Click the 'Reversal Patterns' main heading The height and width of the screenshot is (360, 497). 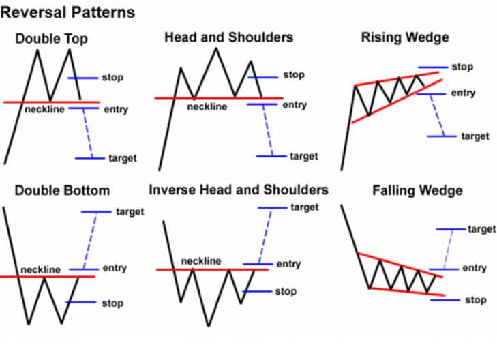click(x=67, y=13)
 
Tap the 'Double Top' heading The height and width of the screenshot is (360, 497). click(x=51, y=39)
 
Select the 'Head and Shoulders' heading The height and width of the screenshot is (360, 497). click(x=229, y=37)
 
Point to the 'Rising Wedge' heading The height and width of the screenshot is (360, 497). click(x=405, y=37)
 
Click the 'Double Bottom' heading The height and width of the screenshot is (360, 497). click(x=63, y=190)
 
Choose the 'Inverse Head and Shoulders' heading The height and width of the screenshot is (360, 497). click(x=239, y=190)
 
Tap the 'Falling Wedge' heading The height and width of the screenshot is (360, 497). click(x=417, y=190)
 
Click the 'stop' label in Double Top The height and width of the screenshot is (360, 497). click(x=113, y=78)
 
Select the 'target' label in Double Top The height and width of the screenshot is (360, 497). click(x=123, y=158)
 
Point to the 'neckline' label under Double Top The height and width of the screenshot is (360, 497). click(x=45, y=109)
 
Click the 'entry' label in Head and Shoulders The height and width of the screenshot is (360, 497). click(x=295, y=105)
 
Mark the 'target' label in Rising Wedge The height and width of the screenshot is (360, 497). click(x=475, y=136)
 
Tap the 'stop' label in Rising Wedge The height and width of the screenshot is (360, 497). click(x=462, y=67)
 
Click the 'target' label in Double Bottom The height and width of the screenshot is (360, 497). click(x=130, y=211)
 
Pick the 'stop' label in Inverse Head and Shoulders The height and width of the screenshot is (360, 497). click(x=286, y=291)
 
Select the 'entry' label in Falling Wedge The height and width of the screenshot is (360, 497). click(x=475, y=268)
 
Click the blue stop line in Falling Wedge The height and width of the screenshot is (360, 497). click(x=445, y=300)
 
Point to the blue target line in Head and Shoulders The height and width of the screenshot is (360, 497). click(x=271, y=156)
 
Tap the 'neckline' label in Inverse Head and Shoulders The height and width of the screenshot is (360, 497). click(x=201, y=261)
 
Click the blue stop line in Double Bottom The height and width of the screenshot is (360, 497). click(x=81, y=302)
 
